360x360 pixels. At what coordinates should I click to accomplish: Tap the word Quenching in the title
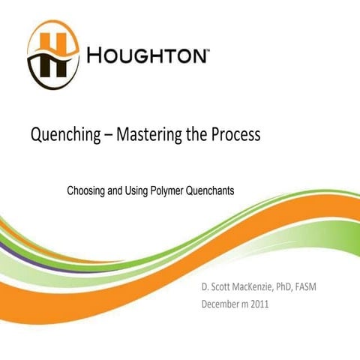point(61,136)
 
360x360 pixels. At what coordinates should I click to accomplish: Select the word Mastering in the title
point(148,136)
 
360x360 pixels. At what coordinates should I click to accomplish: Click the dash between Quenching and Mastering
point(105,136)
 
